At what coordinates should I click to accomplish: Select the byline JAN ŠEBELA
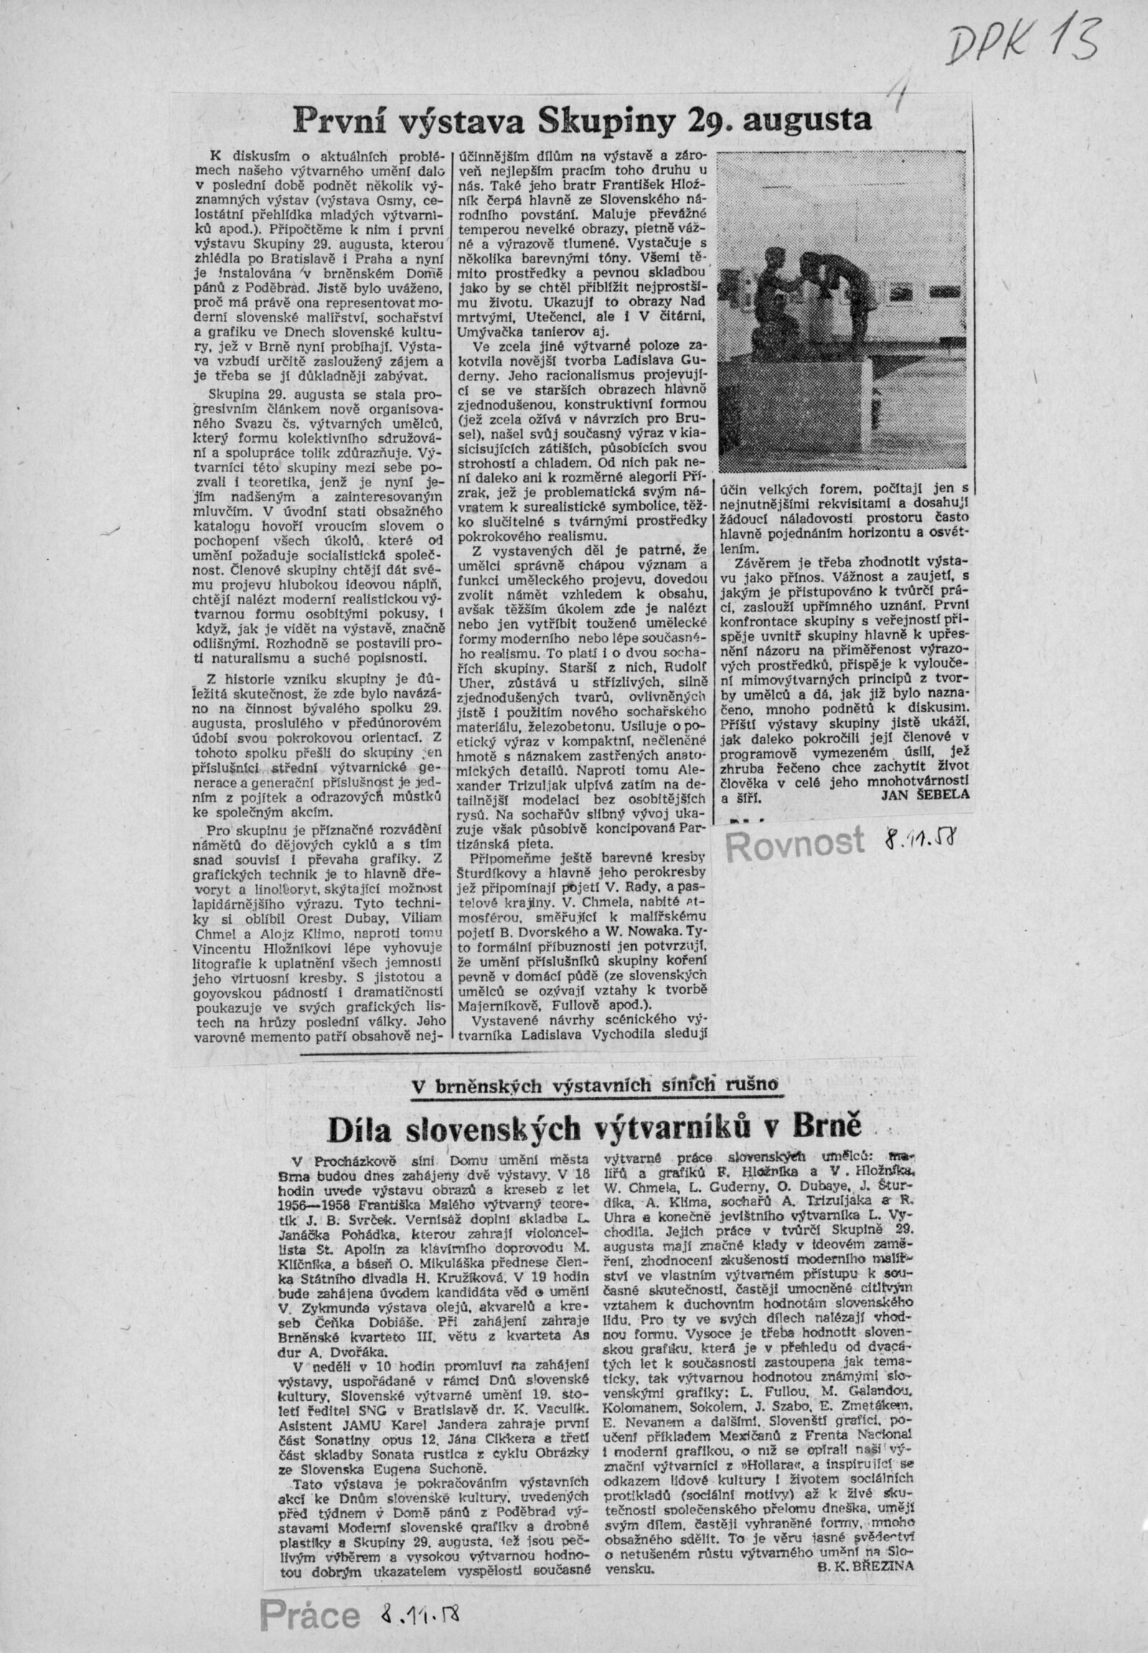(924, 794)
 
